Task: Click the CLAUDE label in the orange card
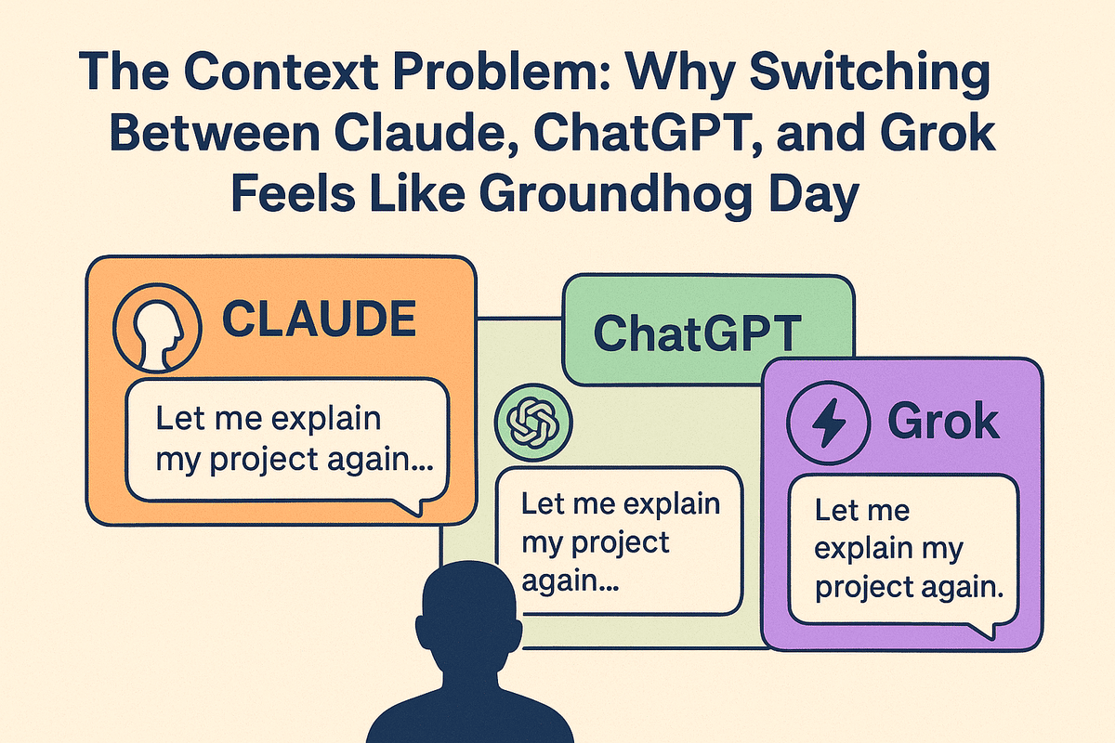tap(319, 319)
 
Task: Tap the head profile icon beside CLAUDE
tap(157, 329)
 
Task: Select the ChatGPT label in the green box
tap(697, 333)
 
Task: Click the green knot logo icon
tap(533, 423)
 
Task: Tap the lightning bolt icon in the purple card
tap(828, 423)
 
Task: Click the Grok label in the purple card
tap(943, 422)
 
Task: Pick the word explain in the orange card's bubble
tap(325, 420)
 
